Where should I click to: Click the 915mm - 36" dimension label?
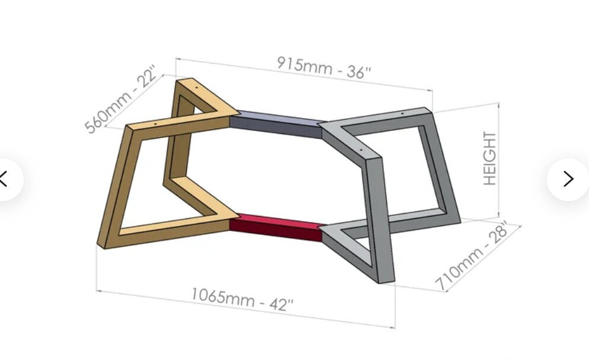click(x=324, y=66)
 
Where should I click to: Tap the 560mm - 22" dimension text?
click(x=122, y=101)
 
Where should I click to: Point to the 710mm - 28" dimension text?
click(x=472, y=256)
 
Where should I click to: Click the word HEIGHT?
click(x=490, y=158)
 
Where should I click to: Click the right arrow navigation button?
click(x=568, y=179)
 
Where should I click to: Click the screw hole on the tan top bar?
click(x=157, y=125)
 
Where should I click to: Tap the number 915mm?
click(x=304, y=63)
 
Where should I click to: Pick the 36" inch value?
click(x=359, y=72)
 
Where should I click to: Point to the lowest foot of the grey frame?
click(x=386, y=279)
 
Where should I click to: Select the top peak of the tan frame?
click(x=184, y=81)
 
